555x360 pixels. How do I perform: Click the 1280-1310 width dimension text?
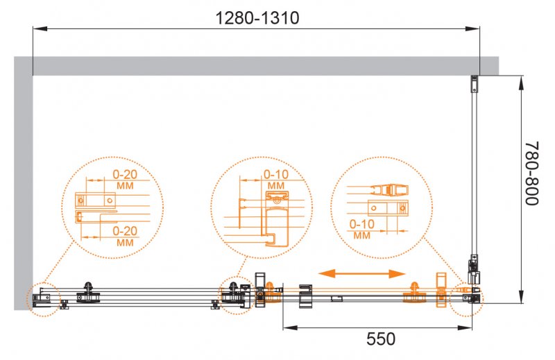pos(257,18)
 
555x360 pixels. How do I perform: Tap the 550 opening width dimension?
pos(381,339)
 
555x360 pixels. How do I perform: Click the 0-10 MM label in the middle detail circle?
pos(275,180)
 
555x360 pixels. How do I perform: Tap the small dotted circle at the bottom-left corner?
pos(45,299)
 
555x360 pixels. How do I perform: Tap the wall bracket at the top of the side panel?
pos(474,84)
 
